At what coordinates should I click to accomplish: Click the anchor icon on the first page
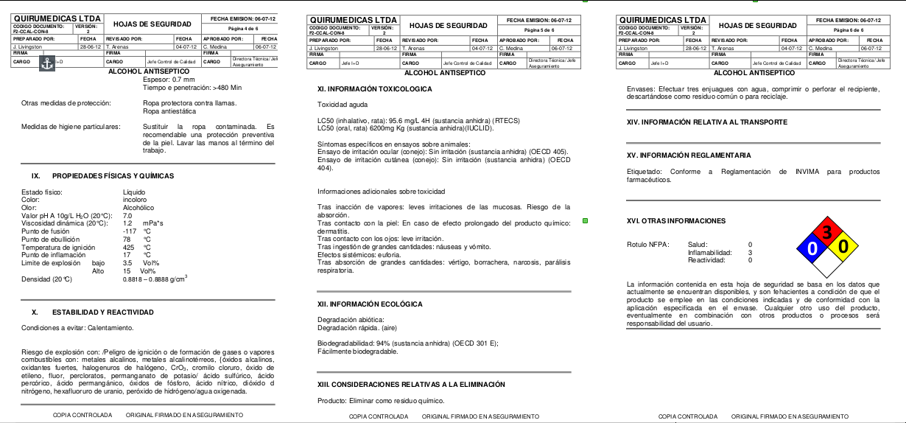click(x=47, y=64)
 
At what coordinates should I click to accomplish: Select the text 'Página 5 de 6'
click(x=539, y=29)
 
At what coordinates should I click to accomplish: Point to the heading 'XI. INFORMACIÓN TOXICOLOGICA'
click(x=375, y=89)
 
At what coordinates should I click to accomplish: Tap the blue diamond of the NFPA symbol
click(x=812, y=248)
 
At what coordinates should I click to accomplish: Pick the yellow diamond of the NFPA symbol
click(x=843, y=247)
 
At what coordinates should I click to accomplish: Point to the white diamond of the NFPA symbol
click(x=827, y=263)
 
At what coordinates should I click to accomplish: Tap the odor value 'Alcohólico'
click(x=138, y=207)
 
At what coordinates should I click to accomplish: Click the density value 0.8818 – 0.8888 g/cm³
click(x=155, y=279)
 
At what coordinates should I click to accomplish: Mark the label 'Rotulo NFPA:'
click(x=647, y=244)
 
